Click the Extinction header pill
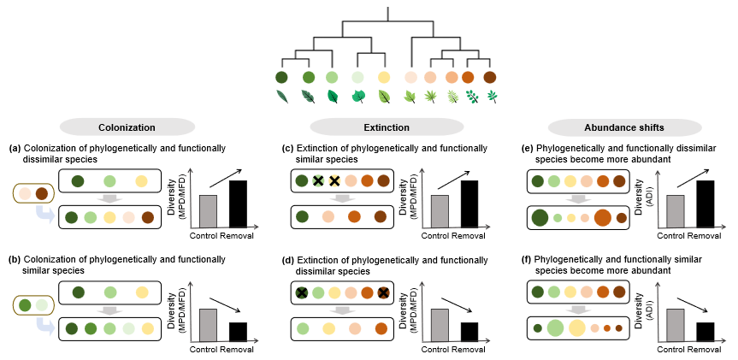[368, 127]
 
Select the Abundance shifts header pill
[606, 127]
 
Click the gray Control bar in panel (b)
[208, 324]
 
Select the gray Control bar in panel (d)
[440, 324]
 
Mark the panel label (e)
[528, 148]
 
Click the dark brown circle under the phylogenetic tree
[490, 78]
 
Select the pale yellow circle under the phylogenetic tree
[384, 78]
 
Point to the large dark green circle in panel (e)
[540, 217]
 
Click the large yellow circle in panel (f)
[577, 327]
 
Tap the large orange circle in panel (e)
[603, 217]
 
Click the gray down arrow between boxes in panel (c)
[342, 198]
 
